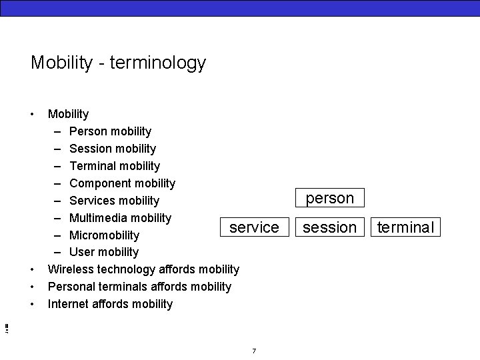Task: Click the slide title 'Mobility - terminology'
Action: pos(118,63)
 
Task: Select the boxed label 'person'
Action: pos(329,198)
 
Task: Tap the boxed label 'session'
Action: pos(329,227)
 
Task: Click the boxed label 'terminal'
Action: pos(405,227)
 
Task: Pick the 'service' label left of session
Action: pos(254,227)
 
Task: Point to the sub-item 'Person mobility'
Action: pos(110,131)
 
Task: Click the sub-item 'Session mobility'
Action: pos(112,149)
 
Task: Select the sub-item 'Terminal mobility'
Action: pos(114,166)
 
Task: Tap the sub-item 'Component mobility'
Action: pos(122,183)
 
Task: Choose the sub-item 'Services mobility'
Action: pos(114,201)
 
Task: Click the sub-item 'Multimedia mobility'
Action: pos(120,218)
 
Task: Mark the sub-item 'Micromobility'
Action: pos(104,235)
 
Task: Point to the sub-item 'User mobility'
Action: pos(104,252)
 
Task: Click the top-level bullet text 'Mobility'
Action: pos(68,114)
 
